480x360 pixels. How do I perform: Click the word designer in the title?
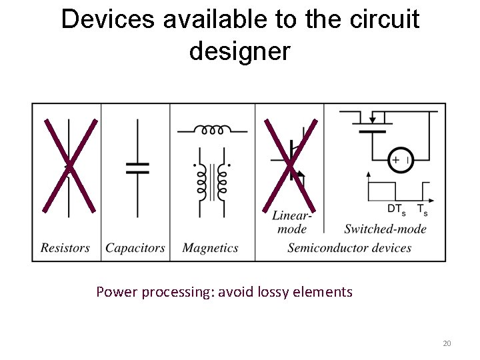[x=240, y=51]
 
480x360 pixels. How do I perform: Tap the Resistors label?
[x=65, y=248]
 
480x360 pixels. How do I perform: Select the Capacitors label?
[x=135, y=248]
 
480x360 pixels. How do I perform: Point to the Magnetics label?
[x=210, y=248]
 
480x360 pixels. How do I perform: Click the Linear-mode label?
[x=291, y=222]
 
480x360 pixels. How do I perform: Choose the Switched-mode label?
[x=385, y=229]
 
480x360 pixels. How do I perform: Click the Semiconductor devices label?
[x=349, y=248]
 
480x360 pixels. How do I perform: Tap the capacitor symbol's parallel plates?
[x=138, y=167]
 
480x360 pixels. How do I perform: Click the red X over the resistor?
[x=69, y=165]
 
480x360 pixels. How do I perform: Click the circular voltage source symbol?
[x=401, y=160]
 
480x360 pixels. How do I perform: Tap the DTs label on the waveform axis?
[x=395, y=210]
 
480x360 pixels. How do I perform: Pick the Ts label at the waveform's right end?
[x=422, y=210]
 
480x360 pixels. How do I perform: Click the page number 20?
[x=447, y=343]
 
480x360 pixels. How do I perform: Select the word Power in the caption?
[x=115, y=292]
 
